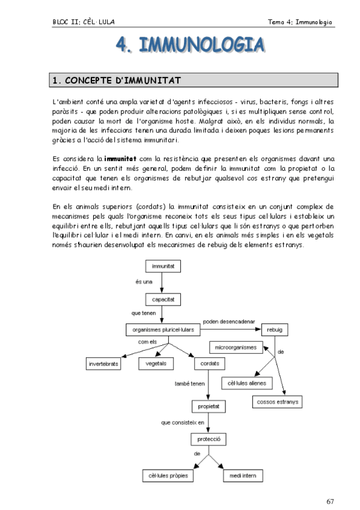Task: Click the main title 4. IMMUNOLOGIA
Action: point(189,46)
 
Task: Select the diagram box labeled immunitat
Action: point(163,265)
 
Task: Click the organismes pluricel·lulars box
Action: point(161,330)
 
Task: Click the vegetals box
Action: point(157,364)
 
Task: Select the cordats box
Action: point(210,364)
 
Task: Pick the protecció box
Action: point(207,439)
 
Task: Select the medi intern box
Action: point(239,475)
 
